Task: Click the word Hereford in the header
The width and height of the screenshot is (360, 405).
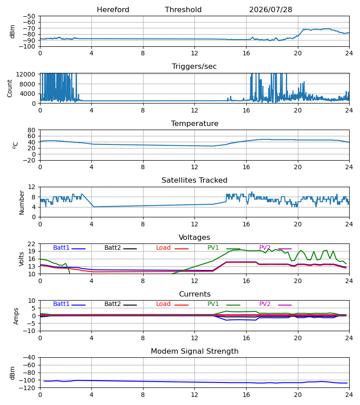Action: [113, 10]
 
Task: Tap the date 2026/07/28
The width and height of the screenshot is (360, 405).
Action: [270, 10]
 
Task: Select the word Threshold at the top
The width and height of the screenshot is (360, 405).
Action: [183, 10]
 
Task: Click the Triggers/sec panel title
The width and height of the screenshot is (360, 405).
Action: [194, 67]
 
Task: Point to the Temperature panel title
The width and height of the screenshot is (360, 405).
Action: [194, 123]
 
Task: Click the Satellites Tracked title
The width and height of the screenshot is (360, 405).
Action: [194, 180]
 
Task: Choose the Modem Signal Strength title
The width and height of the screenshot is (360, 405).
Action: [194, 351]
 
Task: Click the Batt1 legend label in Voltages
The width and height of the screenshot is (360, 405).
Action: [61, 247]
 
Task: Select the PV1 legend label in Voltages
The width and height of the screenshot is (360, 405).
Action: [213, 247]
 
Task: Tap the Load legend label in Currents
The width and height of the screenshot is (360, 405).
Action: [163, 304]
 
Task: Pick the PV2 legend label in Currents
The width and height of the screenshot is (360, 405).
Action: [265, 304]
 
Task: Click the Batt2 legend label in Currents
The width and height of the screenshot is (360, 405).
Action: [112, 304]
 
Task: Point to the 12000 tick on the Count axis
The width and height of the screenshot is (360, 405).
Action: [26, 74]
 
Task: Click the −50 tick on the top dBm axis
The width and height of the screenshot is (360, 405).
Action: [29, 16]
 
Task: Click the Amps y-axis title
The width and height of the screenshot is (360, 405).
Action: [16, 316]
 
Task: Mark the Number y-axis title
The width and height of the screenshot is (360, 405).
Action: [22, 203]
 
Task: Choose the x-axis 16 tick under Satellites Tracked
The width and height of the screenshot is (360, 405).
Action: [246, 224]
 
